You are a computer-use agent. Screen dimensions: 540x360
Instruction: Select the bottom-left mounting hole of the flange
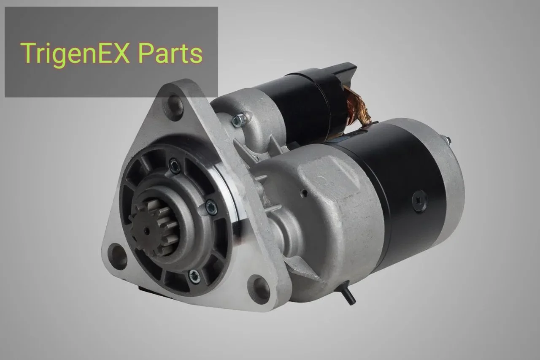[117, 256]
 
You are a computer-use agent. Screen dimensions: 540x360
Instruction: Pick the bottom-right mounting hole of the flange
[259, 290]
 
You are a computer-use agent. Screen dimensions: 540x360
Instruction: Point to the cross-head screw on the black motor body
[420, 200]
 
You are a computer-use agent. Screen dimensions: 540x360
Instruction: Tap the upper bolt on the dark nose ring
[175, 166]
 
